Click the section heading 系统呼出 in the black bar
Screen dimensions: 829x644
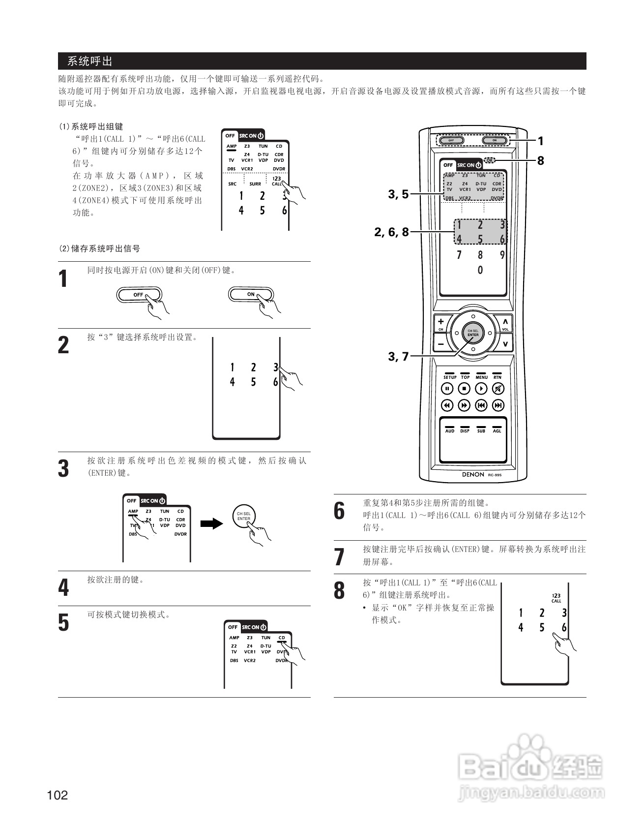pos(90,61)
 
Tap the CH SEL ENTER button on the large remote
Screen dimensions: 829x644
pos(473,333)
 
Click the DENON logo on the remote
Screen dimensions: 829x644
pos(473,474)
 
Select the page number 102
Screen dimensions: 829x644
pos(58,795)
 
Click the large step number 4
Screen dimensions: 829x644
pos(64,587)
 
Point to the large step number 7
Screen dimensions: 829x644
pos(339,557)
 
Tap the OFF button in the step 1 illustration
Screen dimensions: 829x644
pos(139,295)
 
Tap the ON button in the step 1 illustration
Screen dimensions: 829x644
pos(251,294)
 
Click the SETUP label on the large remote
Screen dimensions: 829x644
pos(450,377)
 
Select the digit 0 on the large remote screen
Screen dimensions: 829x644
pos(480,270)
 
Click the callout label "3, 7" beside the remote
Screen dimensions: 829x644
pos(398,356)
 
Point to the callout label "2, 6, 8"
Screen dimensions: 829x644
pos(391,232)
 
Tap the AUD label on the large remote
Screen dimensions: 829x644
pos(450,431)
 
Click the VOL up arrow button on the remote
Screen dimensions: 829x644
pos(505,322)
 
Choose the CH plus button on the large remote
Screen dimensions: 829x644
pos(441,322)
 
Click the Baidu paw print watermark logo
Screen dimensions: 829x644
pos(528,753)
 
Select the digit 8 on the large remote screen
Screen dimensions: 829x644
pos(480,255)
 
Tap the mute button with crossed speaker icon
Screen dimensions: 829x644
pos(498,389)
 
